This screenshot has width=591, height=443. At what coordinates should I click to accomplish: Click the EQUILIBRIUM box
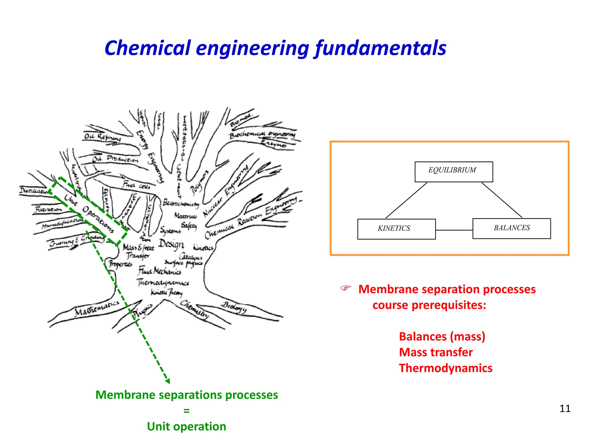pyautogui.click(x=454, y=172)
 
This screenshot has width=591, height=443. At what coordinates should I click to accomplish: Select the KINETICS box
pyautogui.click(x=396, y=229)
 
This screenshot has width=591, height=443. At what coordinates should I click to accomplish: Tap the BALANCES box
pyautogui.click(x=511, y=228)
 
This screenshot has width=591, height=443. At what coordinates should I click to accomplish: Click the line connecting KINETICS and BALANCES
pyautogui.click(x=454, y=230)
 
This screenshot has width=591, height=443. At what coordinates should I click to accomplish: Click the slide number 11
pyautogui.click(x=565, y=409)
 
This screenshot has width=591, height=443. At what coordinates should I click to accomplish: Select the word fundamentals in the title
pyautogui.click(x=381, y=48)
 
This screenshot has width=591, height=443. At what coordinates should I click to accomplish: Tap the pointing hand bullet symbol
pyautogui.click(x=346, y=288)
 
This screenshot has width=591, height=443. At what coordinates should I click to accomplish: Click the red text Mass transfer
pyautogui.click(x=436, y=352)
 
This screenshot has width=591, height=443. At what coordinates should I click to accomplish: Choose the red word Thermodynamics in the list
pyautogui.click(x=446, y=368)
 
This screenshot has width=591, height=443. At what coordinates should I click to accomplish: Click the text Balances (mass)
pyautogui.click(x=442, y=337)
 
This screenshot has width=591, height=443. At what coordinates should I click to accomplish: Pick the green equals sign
pyautogui.click(x=186, y=411)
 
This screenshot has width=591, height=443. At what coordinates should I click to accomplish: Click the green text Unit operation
pyautogui.click(x=186, y=427)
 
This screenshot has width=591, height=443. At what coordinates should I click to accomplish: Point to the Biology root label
pyautogui.click(x=234, y=307)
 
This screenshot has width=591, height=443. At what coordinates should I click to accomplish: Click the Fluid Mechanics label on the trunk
pyautogui.click(x=160, y=271)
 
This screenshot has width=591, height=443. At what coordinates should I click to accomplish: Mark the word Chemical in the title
pyautogui.click(x=148, y=48)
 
